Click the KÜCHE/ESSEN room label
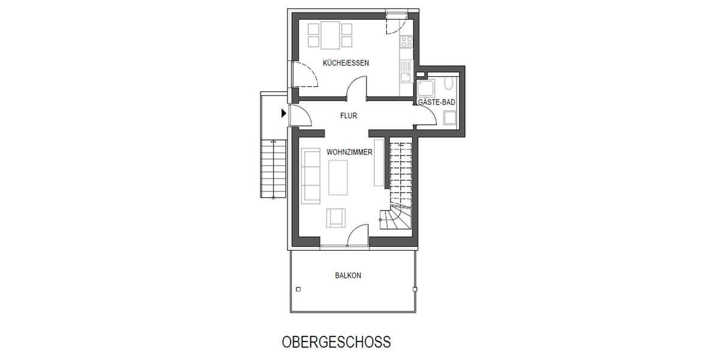[346, 63]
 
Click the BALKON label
[348, 276]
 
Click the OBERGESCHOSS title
[336, 342]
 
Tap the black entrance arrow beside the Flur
[283, 112]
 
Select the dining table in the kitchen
[329, 35]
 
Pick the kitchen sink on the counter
[406, 77]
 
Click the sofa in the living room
[311, 175]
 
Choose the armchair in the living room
[335, 218]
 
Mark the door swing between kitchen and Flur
[358, 91]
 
